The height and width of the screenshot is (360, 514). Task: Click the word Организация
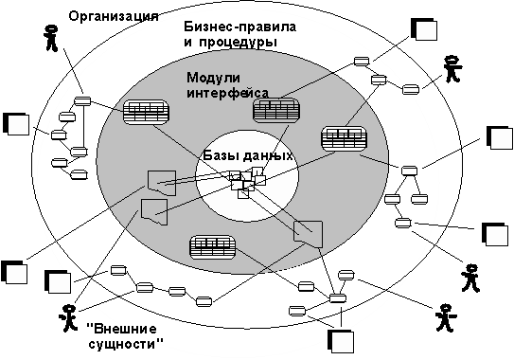[114, 16]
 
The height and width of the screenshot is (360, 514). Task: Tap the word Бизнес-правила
[239, 27]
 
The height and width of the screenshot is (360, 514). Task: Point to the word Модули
[213, 78]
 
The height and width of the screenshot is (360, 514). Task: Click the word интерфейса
[227, 93]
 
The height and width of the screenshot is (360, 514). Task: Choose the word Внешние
[121, 329]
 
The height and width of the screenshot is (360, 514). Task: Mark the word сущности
[126, 344]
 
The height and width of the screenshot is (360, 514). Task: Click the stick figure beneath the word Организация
[51, 38]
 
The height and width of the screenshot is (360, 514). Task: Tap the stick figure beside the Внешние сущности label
[68, 318]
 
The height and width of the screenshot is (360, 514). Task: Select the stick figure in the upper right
[452, 69]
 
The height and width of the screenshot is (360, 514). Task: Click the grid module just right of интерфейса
[276, 111]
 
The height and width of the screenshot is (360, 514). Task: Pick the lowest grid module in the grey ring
[213, 247]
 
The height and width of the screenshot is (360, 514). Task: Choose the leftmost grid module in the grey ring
[146, 112]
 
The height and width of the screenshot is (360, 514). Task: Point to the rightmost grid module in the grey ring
[345, 139]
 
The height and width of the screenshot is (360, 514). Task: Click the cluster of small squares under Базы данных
[247, 182]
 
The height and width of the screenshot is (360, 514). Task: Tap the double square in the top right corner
[424, 29]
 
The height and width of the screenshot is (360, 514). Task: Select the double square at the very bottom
[341, 341]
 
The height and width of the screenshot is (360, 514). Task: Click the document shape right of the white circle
[309, 234]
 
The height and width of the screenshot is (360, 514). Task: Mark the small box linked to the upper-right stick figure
[411, 90]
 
